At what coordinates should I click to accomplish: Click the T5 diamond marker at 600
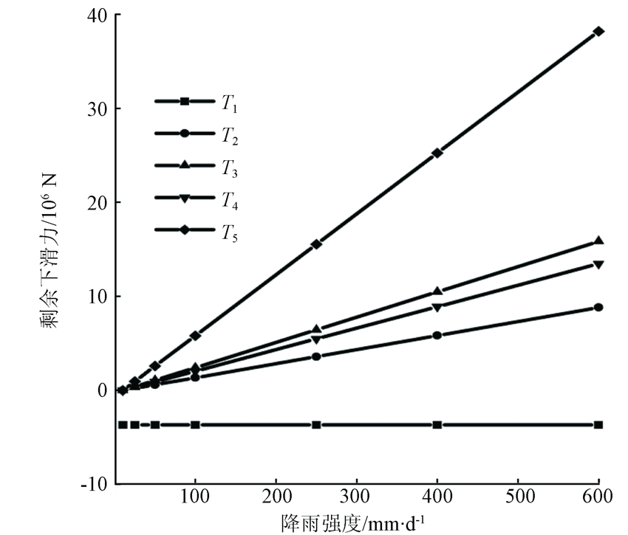point(598,31)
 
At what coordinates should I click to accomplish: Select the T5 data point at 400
point(437,153)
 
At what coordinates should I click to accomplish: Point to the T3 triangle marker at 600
point(598,241)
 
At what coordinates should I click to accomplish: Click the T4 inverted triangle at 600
point(598,264)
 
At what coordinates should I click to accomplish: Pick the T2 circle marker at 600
point(598,307)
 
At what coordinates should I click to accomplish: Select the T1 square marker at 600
point(598,425)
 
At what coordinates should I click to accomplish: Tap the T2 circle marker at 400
point(437,335)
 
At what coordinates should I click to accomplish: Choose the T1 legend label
point(228,104)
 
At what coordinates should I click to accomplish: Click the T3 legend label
point(228,169)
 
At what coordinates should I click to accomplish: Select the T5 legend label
point(228,234)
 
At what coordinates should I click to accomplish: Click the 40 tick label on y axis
point(95,15)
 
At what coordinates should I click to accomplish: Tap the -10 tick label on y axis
point(94,483)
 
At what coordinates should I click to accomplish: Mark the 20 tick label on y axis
point(95,202)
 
